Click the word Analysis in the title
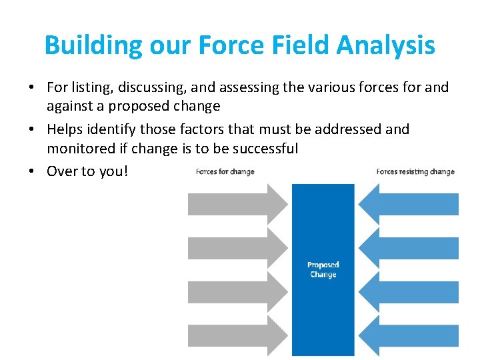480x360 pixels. (386, 45)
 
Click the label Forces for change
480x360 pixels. (225, 172)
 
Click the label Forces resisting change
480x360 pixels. (415, 172)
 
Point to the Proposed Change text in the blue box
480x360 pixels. (323, 270)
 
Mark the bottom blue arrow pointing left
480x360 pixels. (413, 336)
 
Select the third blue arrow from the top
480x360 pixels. (413, 292)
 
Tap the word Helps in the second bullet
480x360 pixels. (65, 129)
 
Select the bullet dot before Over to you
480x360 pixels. (33, 171)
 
